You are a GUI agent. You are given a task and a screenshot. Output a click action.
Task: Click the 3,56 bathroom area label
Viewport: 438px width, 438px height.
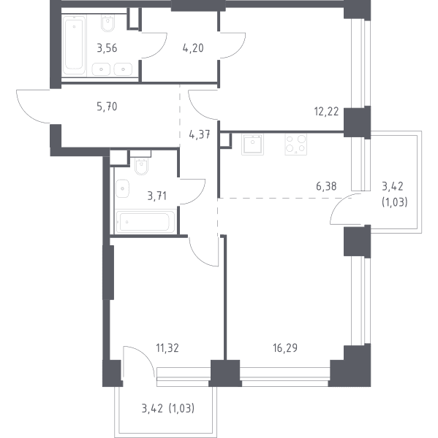[107, 48]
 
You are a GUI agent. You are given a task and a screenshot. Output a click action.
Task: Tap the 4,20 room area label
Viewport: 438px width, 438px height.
[193, 48]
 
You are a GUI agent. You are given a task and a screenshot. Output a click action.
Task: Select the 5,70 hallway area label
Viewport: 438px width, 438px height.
[107, 107]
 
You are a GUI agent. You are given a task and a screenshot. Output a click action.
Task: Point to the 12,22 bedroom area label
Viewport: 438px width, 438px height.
[326, 112]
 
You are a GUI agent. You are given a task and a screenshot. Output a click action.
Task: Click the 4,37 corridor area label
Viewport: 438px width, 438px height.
[200, 135]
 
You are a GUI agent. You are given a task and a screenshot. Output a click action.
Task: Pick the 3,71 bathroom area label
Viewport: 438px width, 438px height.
[156, 196]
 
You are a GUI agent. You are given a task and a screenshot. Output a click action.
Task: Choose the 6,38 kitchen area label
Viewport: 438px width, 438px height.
[326, 186]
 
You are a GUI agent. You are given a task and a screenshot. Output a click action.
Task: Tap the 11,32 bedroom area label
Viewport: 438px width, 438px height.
[167, 348]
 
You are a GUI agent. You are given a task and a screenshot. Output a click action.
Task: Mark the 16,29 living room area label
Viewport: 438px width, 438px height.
[285, 348]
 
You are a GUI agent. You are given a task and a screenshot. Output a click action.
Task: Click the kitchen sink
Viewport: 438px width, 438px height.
[252, 144]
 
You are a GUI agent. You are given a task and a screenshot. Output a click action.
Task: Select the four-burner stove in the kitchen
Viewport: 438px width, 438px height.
[296, 144]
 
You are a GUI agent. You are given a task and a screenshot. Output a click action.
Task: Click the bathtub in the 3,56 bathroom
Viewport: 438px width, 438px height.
[74, 45]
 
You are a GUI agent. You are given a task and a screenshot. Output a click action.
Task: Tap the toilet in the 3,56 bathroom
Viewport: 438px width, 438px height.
[107, 24]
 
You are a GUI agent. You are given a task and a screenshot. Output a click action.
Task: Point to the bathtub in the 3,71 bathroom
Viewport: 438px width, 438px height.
[146, 222]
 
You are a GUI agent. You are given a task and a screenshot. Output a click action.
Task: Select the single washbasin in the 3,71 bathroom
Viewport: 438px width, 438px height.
[122, 189]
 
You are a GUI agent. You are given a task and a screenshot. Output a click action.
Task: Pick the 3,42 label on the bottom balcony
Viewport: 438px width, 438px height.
[152, 408]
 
